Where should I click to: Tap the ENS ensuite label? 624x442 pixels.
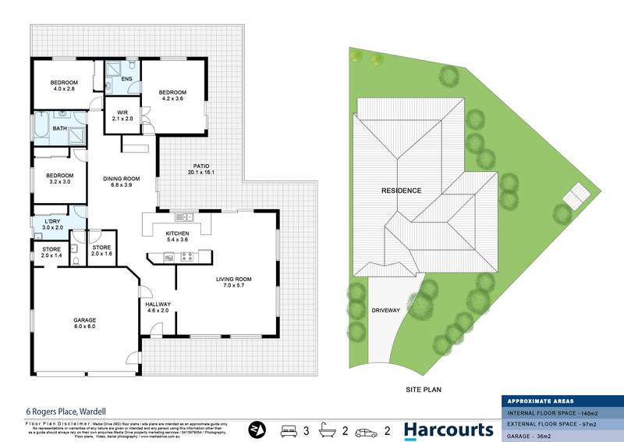pos(126,79)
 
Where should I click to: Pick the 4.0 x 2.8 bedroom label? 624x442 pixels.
pos(64,86)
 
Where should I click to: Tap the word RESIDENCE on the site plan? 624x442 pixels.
pos(401,191)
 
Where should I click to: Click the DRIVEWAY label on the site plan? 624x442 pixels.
pos(385,310)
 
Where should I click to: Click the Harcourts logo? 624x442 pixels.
pos(448,429)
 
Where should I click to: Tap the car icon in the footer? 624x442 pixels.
pos(366,430)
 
